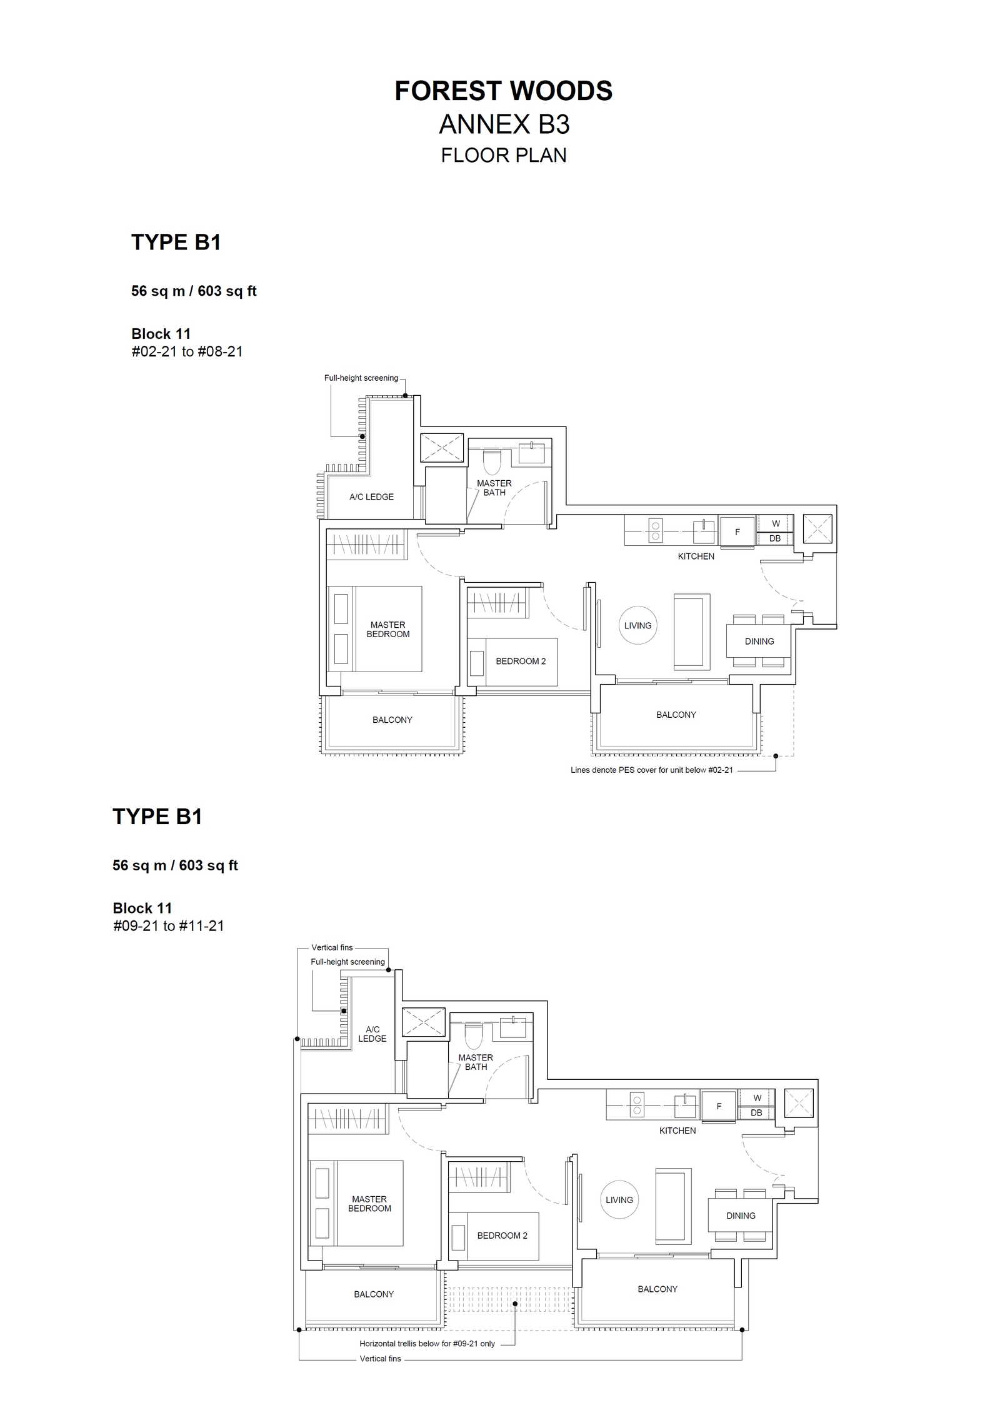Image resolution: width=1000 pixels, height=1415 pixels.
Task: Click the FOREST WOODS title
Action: pyautogui.click(x=503, y=91)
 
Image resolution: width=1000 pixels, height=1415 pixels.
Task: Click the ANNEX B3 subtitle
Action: pyautogui.click(x=504, y=124)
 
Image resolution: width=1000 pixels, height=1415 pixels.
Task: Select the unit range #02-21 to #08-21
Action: pyautogui.click(x=187, y=351)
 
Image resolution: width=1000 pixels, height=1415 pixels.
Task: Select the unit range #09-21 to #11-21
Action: pyautogui.click(x=168, y=925)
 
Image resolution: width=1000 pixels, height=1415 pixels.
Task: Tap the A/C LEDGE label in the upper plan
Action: pyautogui.click(x=371, y=497)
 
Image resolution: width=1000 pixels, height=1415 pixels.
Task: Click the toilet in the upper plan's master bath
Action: pyautogui.click(x=492, y=461)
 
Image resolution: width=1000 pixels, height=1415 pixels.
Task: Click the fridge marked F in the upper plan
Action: pyautogui.click(x=737, y=532)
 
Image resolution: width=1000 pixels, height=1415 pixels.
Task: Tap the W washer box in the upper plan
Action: pyautogui.click(x=776, y=523)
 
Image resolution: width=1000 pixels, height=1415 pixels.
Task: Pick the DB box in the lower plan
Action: pyautogui.click(x=756, y=1112)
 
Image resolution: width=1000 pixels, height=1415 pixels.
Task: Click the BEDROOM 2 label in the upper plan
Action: pyautogui.click(x=521, y=661)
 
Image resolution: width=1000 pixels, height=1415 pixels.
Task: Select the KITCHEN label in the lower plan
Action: pyautogui.click(x=677, y=1130)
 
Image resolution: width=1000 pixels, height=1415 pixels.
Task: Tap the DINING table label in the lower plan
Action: pyautogui.click(x=741, y=1216)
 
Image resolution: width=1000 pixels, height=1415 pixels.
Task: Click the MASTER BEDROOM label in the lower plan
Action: pyautogui.click(x=369, y=1204)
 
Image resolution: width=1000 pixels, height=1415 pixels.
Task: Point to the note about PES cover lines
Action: pyautogui.click(x=651, y=770)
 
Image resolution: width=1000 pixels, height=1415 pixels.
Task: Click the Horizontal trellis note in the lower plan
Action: pyautogui.click(x=427, y=1343)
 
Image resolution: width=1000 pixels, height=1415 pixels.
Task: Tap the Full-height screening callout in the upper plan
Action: pyautogui.click(x=361, y=378)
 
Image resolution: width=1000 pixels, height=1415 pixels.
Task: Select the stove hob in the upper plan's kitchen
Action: pyautogui.click(x=655, y=530)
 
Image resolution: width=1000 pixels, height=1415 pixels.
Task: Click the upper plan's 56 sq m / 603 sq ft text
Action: pyautogui.click(x=194, y=291)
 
